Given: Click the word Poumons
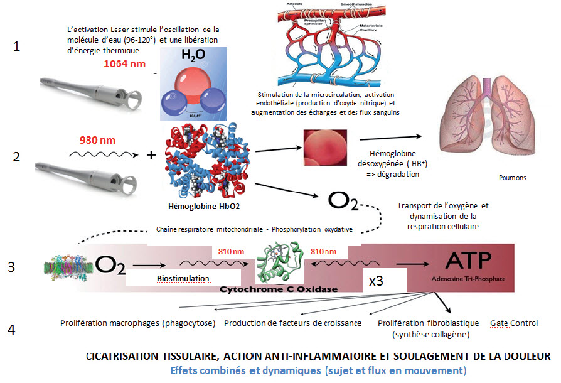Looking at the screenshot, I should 513,178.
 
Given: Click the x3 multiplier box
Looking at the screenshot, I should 376,281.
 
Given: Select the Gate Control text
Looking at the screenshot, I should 514,323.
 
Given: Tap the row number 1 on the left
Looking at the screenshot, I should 18,47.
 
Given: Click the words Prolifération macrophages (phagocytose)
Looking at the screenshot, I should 139,323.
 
